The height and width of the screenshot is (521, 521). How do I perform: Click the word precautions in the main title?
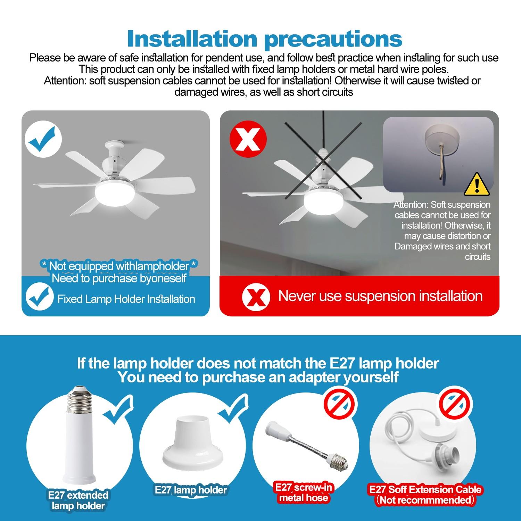click(333, 39)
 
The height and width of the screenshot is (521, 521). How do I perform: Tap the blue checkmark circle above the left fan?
click(43, 139)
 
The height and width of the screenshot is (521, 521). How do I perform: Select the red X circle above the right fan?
click(248, 139)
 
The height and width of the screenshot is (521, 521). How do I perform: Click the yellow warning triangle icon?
click(477, 184)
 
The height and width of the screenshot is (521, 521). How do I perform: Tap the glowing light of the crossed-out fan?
click(318, 199)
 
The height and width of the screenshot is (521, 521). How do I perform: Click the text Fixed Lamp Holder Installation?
click(126, 299)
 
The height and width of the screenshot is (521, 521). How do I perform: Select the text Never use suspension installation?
click(380, 296)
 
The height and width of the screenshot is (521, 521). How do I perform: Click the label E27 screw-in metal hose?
click(304, 493)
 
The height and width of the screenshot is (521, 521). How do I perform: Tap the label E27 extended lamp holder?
click(78, 500)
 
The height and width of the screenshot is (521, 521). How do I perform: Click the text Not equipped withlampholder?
click(119, 266)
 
